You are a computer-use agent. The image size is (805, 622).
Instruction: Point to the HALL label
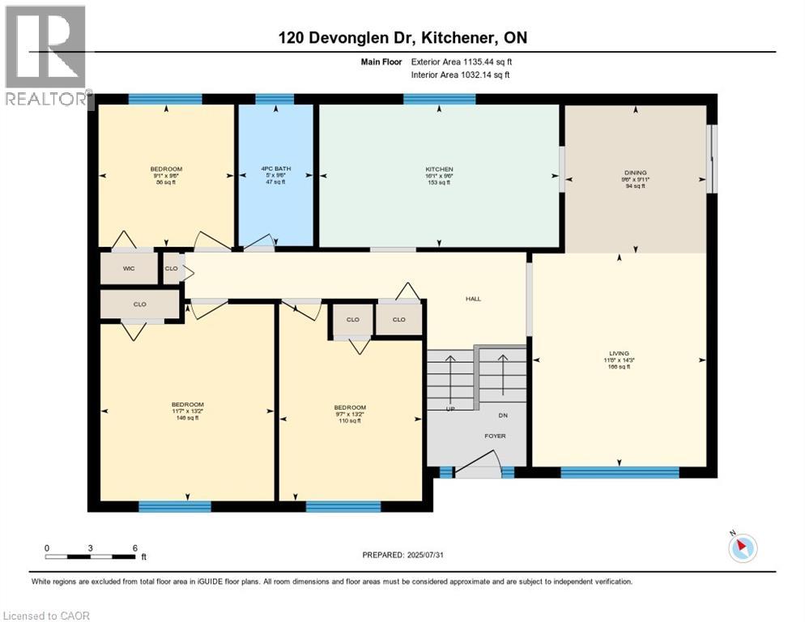[473, 299]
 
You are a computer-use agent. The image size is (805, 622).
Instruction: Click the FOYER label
[495, 436]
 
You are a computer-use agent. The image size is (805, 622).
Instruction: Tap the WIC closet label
[128, 268]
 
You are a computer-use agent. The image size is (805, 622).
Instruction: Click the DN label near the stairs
[503, 415]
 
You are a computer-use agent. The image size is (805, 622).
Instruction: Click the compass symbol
[742, 547]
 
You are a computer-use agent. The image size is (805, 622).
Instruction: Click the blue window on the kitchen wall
[439, 99]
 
